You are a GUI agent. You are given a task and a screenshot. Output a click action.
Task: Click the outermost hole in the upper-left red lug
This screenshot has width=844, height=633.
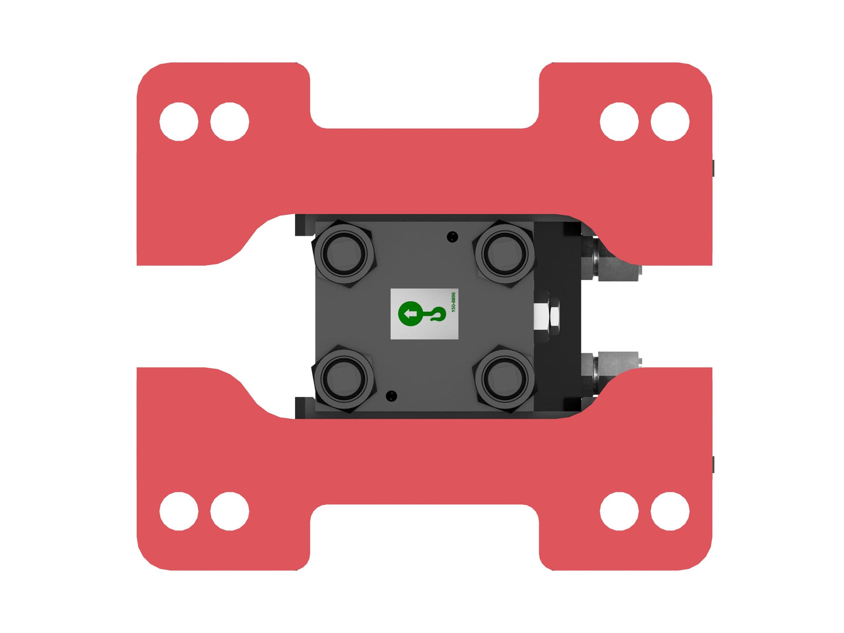[x=179, y=122]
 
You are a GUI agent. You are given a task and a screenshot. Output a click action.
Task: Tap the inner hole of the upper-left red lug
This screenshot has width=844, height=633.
[x=230, y=122]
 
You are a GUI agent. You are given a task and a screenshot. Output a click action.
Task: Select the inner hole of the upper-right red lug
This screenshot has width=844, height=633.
[x=619, y=122]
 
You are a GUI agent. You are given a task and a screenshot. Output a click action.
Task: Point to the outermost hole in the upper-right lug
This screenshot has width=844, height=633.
[x=670, y=122]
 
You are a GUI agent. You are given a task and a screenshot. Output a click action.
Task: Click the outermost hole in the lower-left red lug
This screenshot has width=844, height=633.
[x=179, y=511]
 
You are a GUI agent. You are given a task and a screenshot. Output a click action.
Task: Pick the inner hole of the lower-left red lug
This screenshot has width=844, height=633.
[x=230, y=511]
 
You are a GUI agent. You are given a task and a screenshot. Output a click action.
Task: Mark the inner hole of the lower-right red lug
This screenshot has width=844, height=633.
[x=619, y=511]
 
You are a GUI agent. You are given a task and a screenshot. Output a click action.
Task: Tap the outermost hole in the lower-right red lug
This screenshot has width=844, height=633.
[x=670, y=511]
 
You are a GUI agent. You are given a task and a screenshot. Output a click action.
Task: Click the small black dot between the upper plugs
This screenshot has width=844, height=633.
[x=452, y=237]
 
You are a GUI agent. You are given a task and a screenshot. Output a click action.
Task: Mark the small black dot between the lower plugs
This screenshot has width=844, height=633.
[x=391, y=395]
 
